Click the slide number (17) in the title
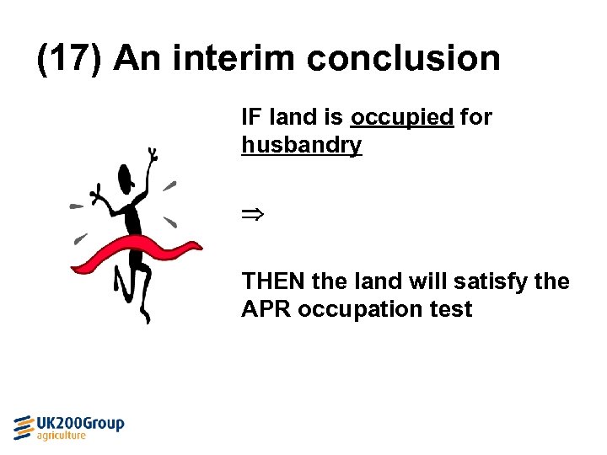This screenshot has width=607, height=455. [x=70, y=58]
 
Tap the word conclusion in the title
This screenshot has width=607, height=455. [x=403, y=58]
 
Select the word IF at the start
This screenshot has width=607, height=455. [x=250, y=117]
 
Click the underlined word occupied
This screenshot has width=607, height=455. [x=401, y=117]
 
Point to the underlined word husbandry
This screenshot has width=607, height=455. [x=301, y=145]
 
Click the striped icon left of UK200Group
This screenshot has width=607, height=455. [x=24, y=427]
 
